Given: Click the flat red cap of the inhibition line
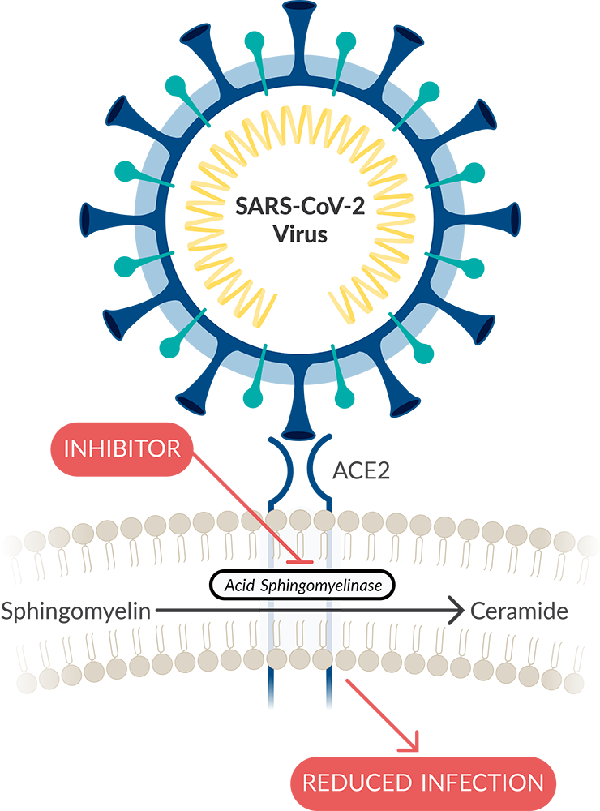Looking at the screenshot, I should point(299,561).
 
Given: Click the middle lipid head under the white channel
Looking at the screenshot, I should point(300,655).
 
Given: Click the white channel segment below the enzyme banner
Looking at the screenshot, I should point(299,620).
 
